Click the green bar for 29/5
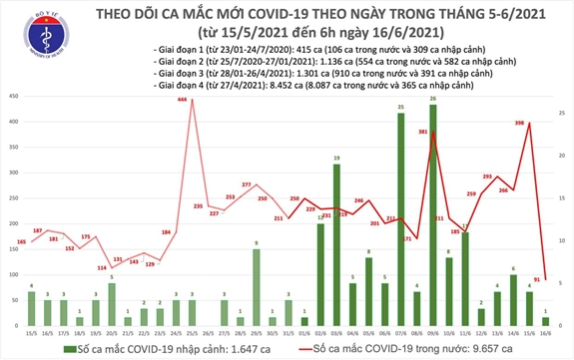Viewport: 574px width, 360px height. tap(257, 289)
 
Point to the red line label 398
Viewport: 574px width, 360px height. tap(520, 123)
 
